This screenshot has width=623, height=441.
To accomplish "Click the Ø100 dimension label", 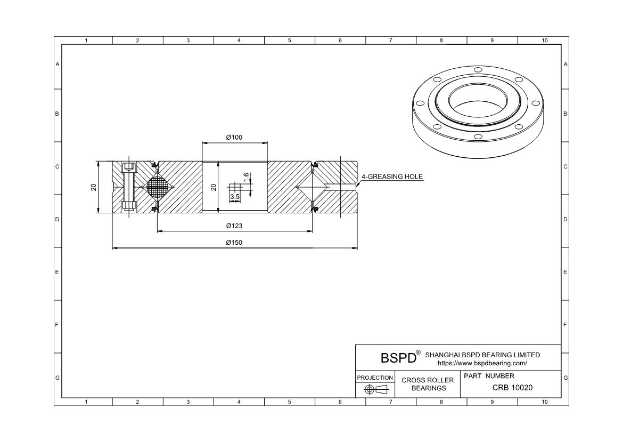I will (x=234, y=138).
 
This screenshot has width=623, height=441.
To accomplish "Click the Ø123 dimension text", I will (x=234, y=226).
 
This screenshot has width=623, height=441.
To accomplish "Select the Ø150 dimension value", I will (x=234, y=243).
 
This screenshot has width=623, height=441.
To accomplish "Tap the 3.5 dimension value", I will (x=235, y=197).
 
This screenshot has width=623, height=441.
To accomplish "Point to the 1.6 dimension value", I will (x=246, y=177).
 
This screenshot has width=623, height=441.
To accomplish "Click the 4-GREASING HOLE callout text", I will (x=392, y=177).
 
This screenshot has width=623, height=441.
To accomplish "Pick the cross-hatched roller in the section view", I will (x=160, y=187).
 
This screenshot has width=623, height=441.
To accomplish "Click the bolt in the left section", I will (x=128, y=187).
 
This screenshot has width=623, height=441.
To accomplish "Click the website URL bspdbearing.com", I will (x=482, y=363).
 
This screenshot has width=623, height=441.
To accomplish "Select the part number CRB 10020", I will (x=512, y=388).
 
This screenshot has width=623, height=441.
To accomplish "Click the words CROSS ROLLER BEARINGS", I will (x=428, y=384).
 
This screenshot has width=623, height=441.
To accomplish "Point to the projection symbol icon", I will (x=375, y=390).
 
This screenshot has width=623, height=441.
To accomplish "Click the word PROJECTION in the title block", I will (x=375, y=378).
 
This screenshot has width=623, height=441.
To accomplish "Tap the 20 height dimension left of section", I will (x=94, y=187).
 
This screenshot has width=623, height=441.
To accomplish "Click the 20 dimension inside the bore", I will (x=214, y=187).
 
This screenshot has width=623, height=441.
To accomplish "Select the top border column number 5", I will (x=289, y=41).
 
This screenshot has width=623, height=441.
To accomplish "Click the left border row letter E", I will (x=58, y=272).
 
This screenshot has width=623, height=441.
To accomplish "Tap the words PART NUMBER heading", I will (x=489, y=376).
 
